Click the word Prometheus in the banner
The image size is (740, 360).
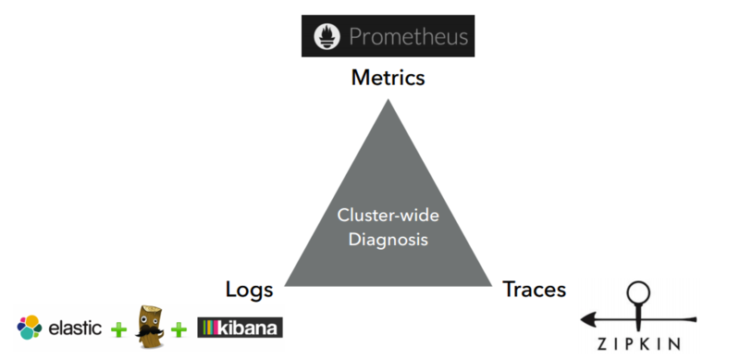(408, 37)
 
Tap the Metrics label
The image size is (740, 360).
(388, 78)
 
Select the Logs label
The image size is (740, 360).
(250, 289)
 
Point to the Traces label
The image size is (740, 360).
(535, 289)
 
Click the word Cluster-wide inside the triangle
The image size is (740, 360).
(388, 216)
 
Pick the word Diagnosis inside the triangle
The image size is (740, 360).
(388, 240)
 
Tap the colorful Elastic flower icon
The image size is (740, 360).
(29, 327)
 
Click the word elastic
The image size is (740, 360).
(75, 328)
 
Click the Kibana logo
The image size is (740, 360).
(240, 328)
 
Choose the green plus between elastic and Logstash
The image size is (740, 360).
(117, 329)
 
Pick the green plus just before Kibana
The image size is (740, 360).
(180, 329)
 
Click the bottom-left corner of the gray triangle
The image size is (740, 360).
(284, 284)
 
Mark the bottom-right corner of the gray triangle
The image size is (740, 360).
(493, 284)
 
